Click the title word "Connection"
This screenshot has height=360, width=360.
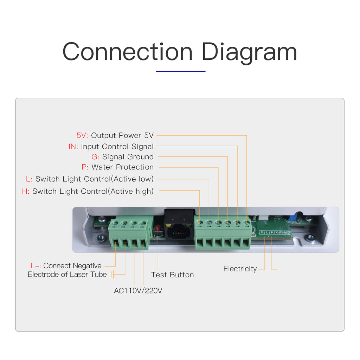(x=127, y=52)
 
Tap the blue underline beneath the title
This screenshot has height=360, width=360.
(x=180, y=71)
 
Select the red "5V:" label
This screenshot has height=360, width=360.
(x=83, y=135)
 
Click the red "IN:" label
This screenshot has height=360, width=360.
(x=73, y=147)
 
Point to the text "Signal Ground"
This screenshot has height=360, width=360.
(x=128, y=157)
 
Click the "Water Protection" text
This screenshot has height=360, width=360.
(x=122, y=167)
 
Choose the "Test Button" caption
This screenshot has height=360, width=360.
(x=172, y=275)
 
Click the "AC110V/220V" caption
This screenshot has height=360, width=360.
(x=138, y=291)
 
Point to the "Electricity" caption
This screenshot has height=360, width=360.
(x=240, y=269)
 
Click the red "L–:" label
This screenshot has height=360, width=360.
(x=36, y=266)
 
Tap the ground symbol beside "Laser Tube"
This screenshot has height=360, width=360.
(x=111, y=275)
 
